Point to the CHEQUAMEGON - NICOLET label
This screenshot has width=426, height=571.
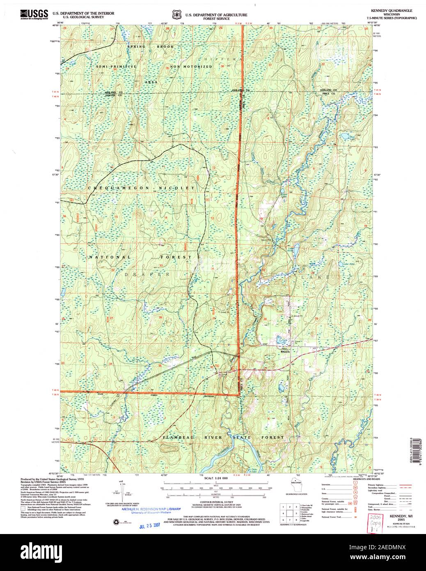point(141,188)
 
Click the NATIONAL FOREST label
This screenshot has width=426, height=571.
point(140,257)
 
